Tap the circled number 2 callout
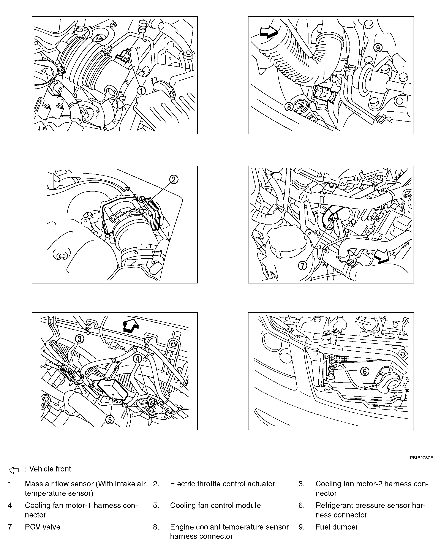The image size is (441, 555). click(x=174, y=179)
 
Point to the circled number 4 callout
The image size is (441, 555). click(x=138, y=359)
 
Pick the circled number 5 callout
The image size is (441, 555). click(x=110, y=420)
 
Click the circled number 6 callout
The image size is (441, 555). click(x=364, y=371)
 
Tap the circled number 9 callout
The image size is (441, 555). click(x=378, y=48)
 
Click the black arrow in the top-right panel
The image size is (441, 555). click(x=269, y=32)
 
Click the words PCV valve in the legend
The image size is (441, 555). click(x=43, y=527)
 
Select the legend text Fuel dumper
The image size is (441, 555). click(x=337, y=527)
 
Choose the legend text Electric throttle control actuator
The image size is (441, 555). click(x=222, y=484)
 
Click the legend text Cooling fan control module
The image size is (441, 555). click(x=215, y=505)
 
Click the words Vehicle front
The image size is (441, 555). click(x=50, y=469)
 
